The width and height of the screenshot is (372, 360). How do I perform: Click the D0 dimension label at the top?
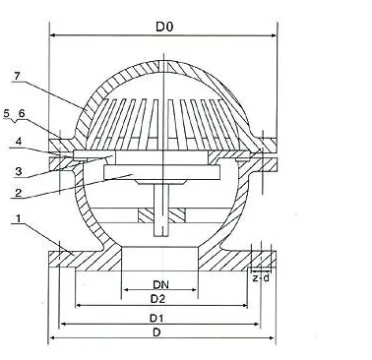(164, 27)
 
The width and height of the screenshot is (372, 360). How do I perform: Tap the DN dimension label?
(160, 284)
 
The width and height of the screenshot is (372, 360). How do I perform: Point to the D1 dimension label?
(157, 318)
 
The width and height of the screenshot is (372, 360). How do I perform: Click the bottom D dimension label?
(156, 332)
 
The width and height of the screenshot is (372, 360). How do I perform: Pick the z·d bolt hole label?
(261, 278)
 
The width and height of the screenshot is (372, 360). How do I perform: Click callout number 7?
(17, 77)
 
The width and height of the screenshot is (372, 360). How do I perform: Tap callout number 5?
(7, 114)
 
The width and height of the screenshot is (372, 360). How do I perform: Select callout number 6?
(22, 114)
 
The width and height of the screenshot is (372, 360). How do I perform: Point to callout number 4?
(19, 142)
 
